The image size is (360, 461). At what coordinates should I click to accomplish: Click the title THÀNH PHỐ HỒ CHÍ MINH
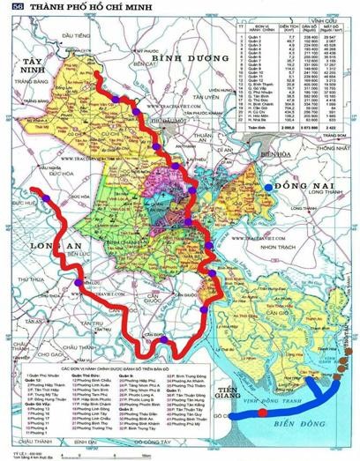point(74,7)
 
